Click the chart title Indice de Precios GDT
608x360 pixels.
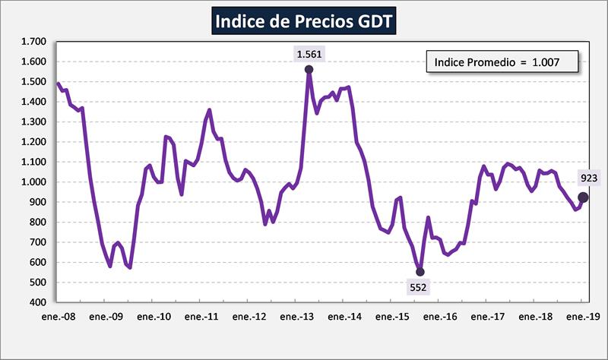304,21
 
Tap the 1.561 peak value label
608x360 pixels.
309,53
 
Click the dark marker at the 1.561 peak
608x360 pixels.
309,70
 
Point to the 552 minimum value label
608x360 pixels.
419,287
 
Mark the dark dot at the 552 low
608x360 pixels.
420,272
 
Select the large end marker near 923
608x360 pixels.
584,197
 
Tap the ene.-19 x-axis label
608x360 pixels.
582,315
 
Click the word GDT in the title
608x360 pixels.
374,21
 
